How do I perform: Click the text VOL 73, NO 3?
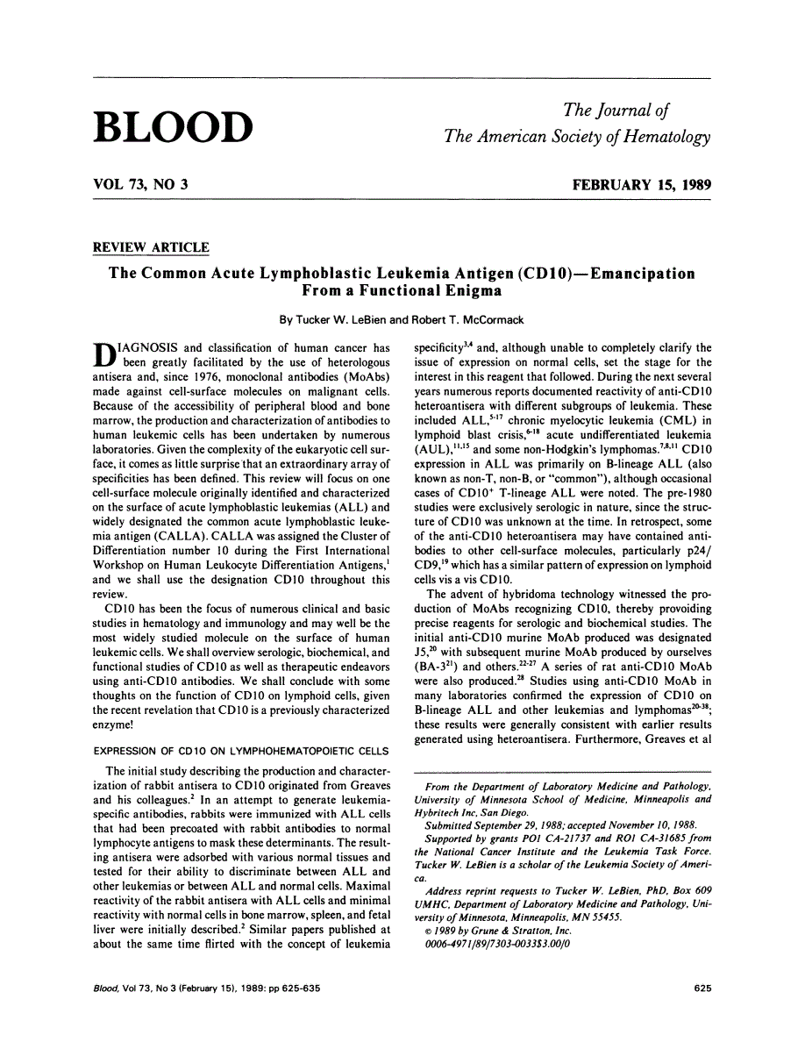(140, 184)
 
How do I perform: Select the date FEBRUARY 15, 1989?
(641, 184)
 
